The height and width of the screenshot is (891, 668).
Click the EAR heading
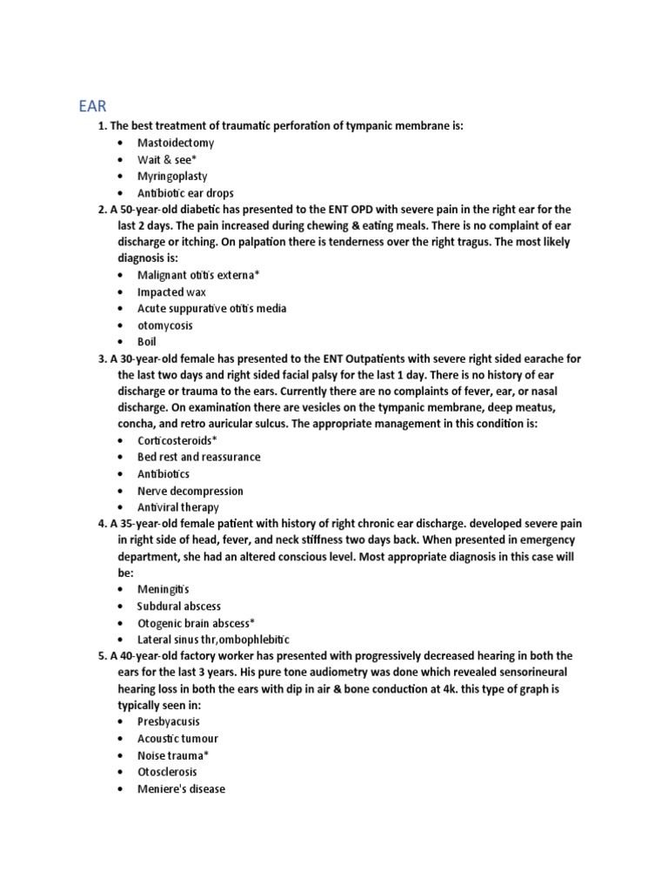[88, 107]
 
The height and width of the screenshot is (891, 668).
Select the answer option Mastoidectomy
[175, 143]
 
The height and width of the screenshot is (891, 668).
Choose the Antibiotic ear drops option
[185, 193]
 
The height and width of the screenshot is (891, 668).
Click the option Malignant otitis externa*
[198, 275]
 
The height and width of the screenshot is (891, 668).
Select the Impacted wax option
[171, 291]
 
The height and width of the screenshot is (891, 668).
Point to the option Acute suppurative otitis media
[211, 308]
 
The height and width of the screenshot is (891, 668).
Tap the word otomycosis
[165, 325]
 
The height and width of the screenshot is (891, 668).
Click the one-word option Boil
[148, 342]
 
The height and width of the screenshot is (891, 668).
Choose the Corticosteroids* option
[177, 441]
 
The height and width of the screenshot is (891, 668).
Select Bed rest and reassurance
[198, 457]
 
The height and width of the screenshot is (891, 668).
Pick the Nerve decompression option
[190, 491]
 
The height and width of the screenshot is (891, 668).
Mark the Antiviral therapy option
[177, 507]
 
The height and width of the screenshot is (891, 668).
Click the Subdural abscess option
[178, 606]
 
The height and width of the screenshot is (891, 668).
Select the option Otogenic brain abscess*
[196, 623]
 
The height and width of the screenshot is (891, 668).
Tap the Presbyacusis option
[168, 722]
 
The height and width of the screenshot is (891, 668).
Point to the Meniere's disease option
[181, 789]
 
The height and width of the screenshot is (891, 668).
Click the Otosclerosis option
[167, 772]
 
